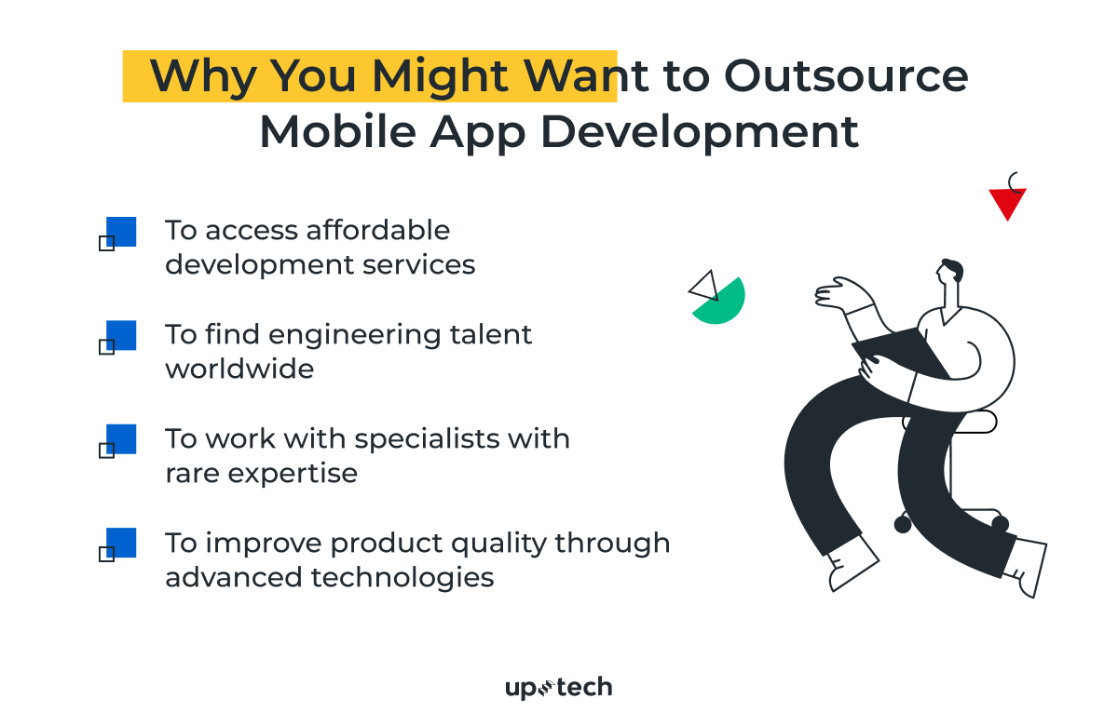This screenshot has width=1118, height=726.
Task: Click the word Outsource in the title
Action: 846,76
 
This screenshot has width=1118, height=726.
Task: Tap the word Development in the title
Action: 700,132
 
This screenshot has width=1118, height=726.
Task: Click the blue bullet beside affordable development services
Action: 121,232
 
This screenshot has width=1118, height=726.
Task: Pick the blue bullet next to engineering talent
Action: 121,335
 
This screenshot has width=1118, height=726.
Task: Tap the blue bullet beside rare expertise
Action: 121,439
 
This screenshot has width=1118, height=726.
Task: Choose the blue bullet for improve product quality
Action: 121,543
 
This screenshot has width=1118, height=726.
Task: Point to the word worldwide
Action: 239,369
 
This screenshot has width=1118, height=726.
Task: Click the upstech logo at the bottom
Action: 559,688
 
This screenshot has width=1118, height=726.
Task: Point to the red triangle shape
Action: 1007,202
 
